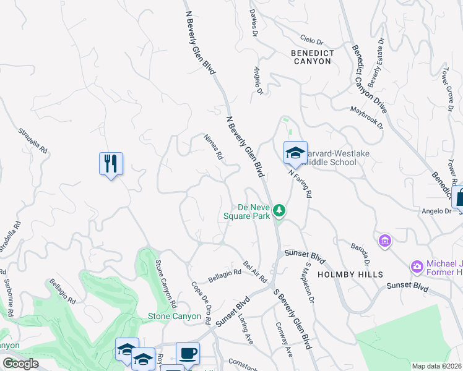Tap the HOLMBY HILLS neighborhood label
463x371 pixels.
[350, 274]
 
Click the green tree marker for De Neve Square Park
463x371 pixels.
[280, 211]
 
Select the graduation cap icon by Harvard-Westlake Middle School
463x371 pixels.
[295, 151]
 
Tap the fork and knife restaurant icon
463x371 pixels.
[111, 164]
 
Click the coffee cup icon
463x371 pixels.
[188, 353]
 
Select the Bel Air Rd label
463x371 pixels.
[255, 270]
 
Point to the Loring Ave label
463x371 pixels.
[246, 328]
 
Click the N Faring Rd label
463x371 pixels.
[300, 184]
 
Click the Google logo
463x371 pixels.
[20, 364]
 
